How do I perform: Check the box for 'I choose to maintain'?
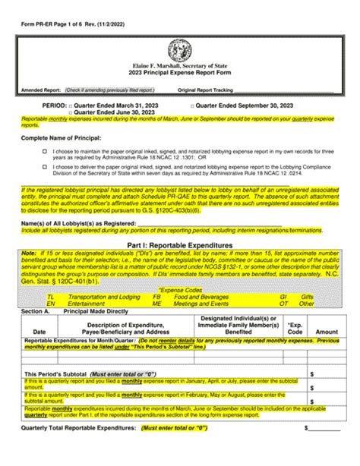pos(46,152)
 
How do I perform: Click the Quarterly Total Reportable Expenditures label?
pos(75,449)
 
